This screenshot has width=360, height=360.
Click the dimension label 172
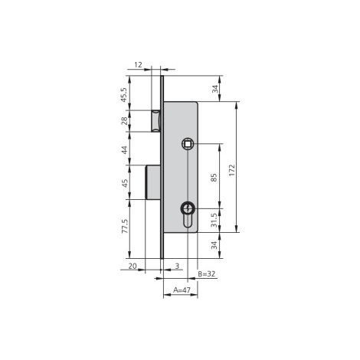click(231, 170)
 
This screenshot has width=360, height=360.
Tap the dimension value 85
click(214, 178)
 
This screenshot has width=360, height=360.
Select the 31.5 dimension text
click(214, 221)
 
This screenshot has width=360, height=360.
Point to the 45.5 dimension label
click(124, 95)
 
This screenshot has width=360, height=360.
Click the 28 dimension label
click(124, 120)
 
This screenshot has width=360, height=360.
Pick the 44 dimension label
click(124, 149)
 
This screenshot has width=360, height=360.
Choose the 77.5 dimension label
click(125, 226)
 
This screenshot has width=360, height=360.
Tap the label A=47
click(182, 290)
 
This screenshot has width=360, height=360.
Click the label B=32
click(207, 274)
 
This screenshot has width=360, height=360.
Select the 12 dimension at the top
click(138, 65)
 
